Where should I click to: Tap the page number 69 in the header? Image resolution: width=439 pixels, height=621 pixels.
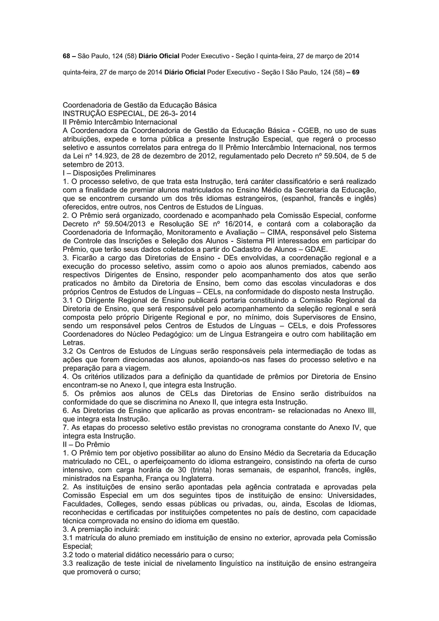pyautogui.click(x=356, y=72)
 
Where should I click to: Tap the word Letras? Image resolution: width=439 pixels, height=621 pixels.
pyautogui.click(x=74, y=342)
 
